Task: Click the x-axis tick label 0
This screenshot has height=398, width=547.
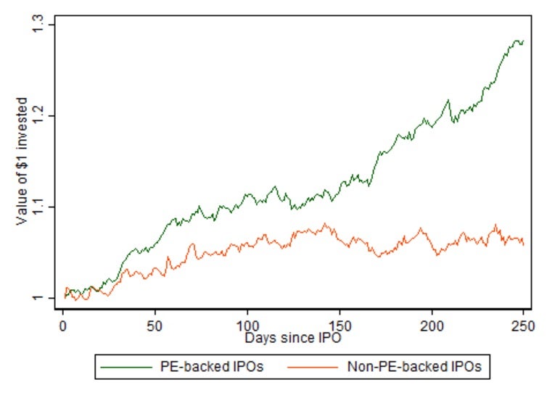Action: pos(63,323)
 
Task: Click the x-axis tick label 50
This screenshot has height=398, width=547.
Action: pos(155,323)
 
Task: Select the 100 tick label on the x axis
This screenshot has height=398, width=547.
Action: pos(247,323)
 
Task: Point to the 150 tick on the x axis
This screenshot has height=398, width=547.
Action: pos(340,323)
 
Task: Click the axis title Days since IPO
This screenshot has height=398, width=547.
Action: pos(293,338)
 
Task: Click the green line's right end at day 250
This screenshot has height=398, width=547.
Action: pos(523,41)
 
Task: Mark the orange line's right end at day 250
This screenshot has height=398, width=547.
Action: pos(523,245)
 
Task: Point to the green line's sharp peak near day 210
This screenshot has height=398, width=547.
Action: pos(448,100)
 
